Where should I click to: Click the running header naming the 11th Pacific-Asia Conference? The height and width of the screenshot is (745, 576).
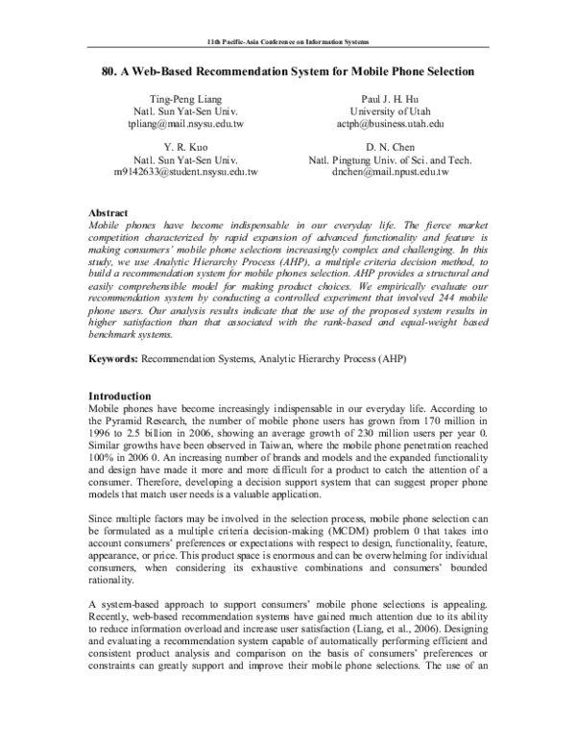pos(288,45)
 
